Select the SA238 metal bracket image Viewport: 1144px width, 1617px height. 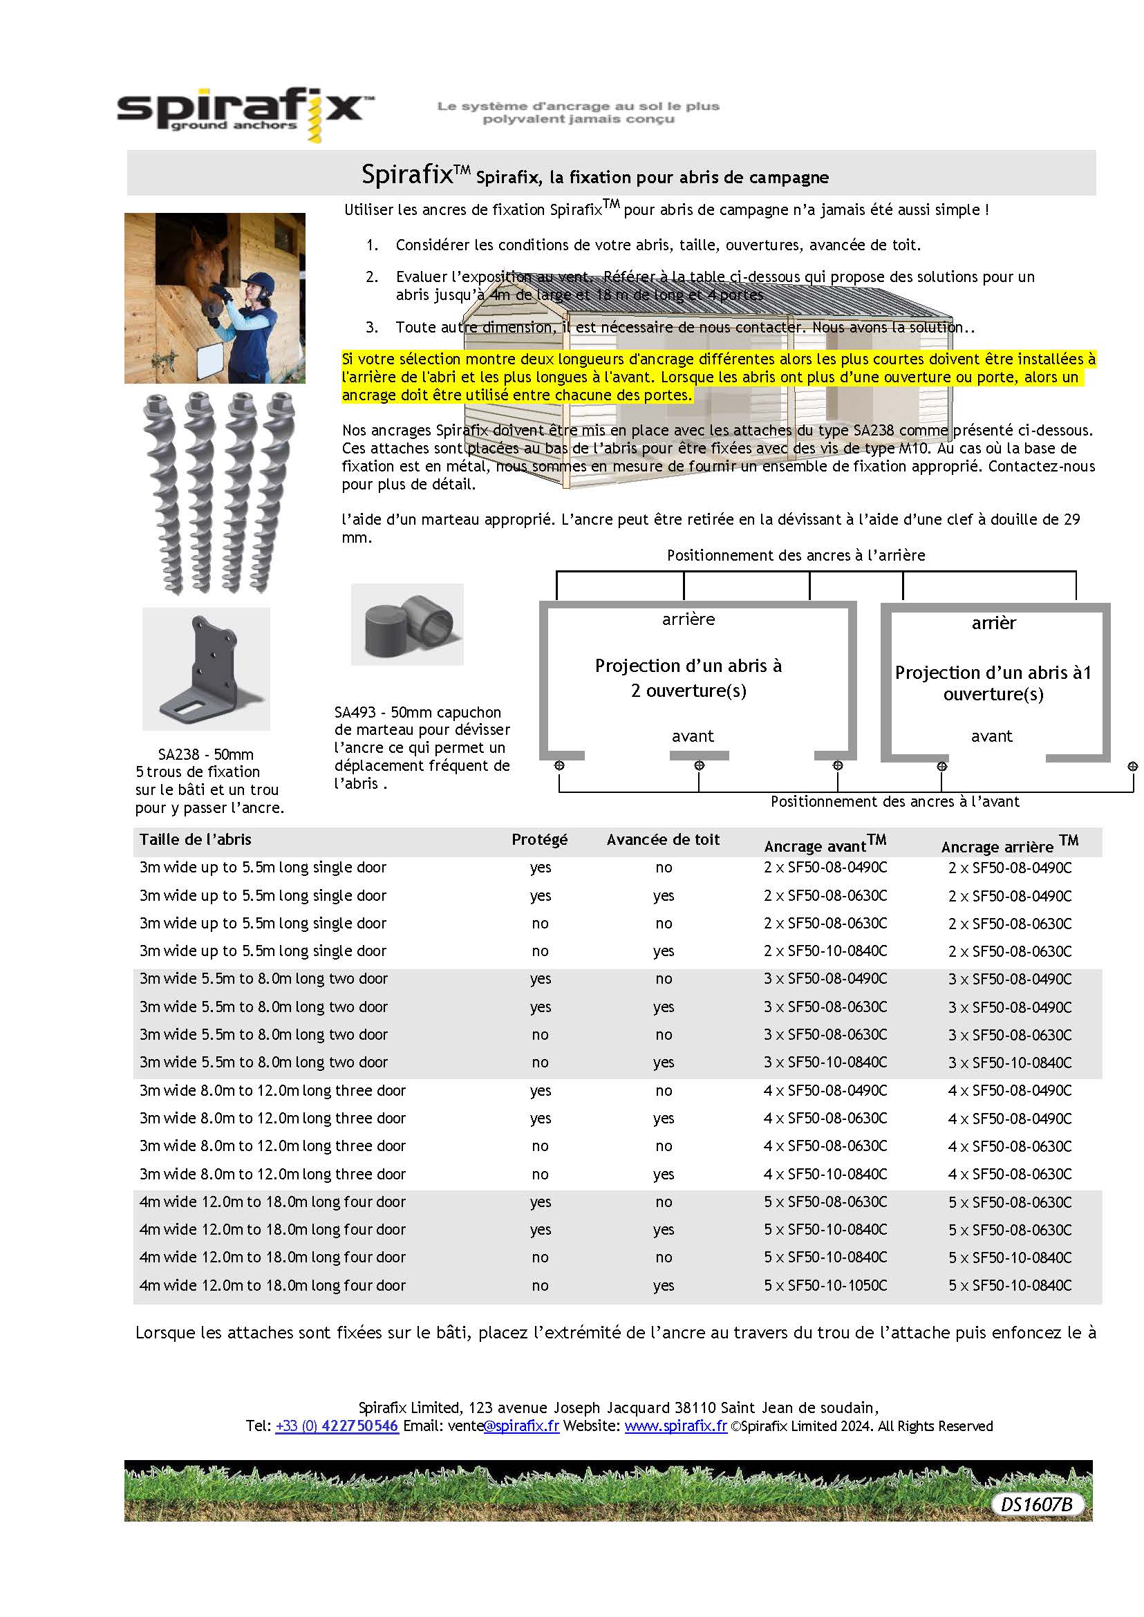[x=206, y=669]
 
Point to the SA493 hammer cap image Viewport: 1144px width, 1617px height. [x=407, y=624]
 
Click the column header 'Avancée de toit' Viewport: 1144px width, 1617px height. [x=662, y=839]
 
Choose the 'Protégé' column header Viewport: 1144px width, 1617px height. [x=539, y=839]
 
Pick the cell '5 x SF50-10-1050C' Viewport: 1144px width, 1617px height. [x=825, y=1285]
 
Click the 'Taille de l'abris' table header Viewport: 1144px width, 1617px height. [x=195, y=839]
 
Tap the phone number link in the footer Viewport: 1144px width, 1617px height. [x=337, y=1426]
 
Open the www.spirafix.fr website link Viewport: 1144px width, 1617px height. [x=675, y=1426]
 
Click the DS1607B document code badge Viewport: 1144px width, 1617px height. [x=1036, y=1504]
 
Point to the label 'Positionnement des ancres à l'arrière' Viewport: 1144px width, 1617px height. [x=796, y=555]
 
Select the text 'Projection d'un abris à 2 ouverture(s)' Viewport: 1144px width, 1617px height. [x=688, y=677]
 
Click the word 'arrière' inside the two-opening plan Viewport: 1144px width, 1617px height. [x=688, y=619]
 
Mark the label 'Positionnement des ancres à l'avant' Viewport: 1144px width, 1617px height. [x=894, y=801]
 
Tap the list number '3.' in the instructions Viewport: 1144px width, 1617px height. [x=372, y=327]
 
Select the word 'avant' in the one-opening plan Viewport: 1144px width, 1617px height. [x=991, y=736]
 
